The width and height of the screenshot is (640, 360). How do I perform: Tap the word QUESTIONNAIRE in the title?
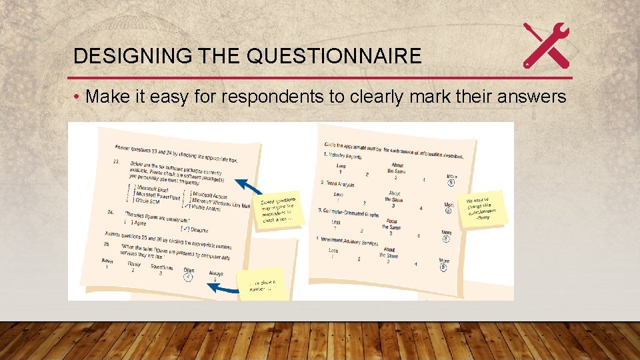click(333, 56)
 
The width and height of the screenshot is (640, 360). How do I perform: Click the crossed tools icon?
click(546, 45)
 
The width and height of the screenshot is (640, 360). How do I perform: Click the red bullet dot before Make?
click(77, 98)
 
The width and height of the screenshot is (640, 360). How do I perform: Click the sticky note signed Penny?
click(485, 208)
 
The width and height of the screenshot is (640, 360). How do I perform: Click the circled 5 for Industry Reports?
click(451, 183)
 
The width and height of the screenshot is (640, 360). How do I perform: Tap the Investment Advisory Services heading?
click(350, 239)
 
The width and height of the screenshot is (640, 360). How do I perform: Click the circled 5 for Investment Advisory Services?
click(443, 267)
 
